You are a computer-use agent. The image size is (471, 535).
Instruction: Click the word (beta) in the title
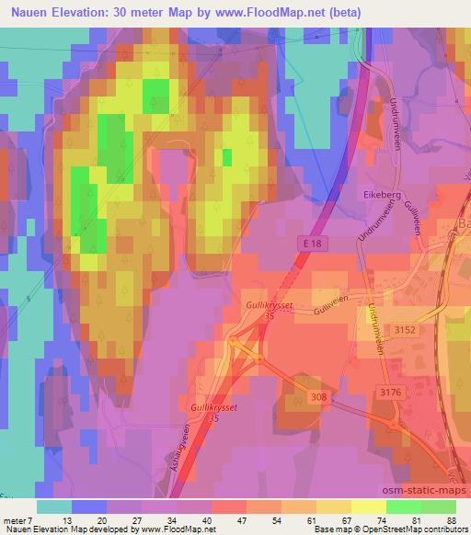[x=338, y=13]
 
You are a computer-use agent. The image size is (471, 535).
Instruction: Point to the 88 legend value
[x=451, y=519]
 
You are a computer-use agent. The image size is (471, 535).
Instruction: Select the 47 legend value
[x=240, y=519]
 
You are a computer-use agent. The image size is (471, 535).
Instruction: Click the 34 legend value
[x=171, y=519]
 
